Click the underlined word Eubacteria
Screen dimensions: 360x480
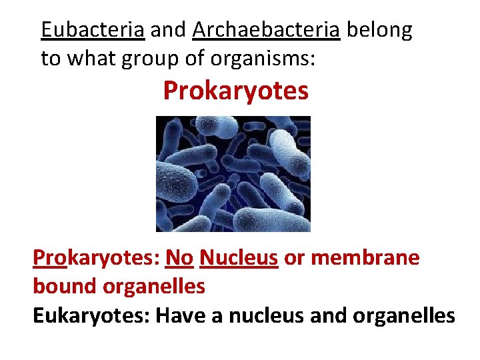tap(93, 30)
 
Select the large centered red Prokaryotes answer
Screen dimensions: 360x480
tap(236, 91)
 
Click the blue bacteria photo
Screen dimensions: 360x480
tap(233, 174)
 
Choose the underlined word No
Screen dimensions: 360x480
tap(179, 257)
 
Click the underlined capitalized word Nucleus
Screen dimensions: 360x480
tap(239, 257)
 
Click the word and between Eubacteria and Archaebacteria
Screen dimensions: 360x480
tap(169, 30)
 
